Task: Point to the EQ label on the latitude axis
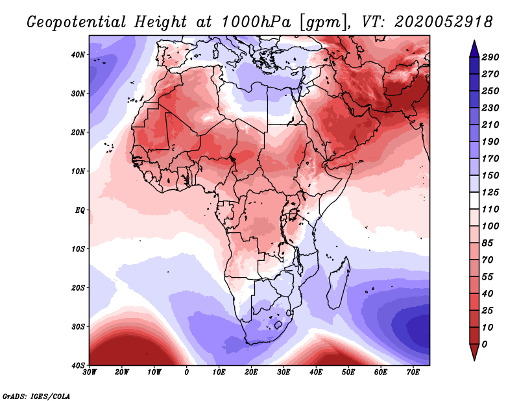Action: pos(79,210)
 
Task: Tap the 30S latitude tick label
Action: pos(78,326)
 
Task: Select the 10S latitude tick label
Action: pos(78,249)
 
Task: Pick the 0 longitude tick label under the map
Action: pos(187,372)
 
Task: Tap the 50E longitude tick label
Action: pos(348,372)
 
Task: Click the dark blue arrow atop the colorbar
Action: pos(474,48)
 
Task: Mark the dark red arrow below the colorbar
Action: pos(474,352)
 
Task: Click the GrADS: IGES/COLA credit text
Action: pos(36,395)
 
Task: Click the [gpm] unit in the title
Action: pos(322,22)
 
